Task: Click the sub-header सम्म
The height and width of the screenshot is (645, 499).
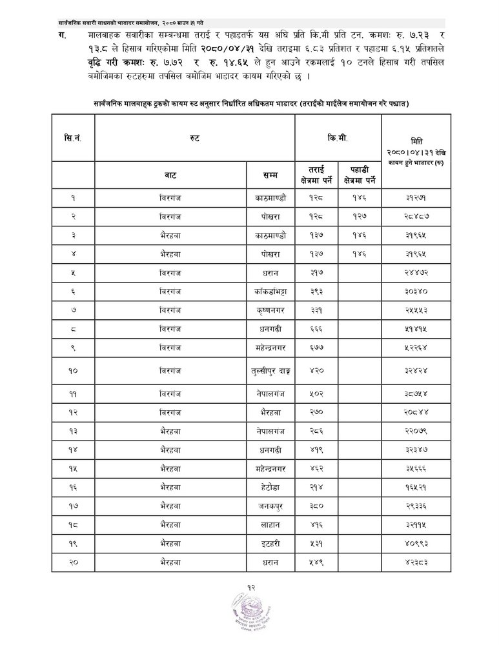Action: pos(270,174)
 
